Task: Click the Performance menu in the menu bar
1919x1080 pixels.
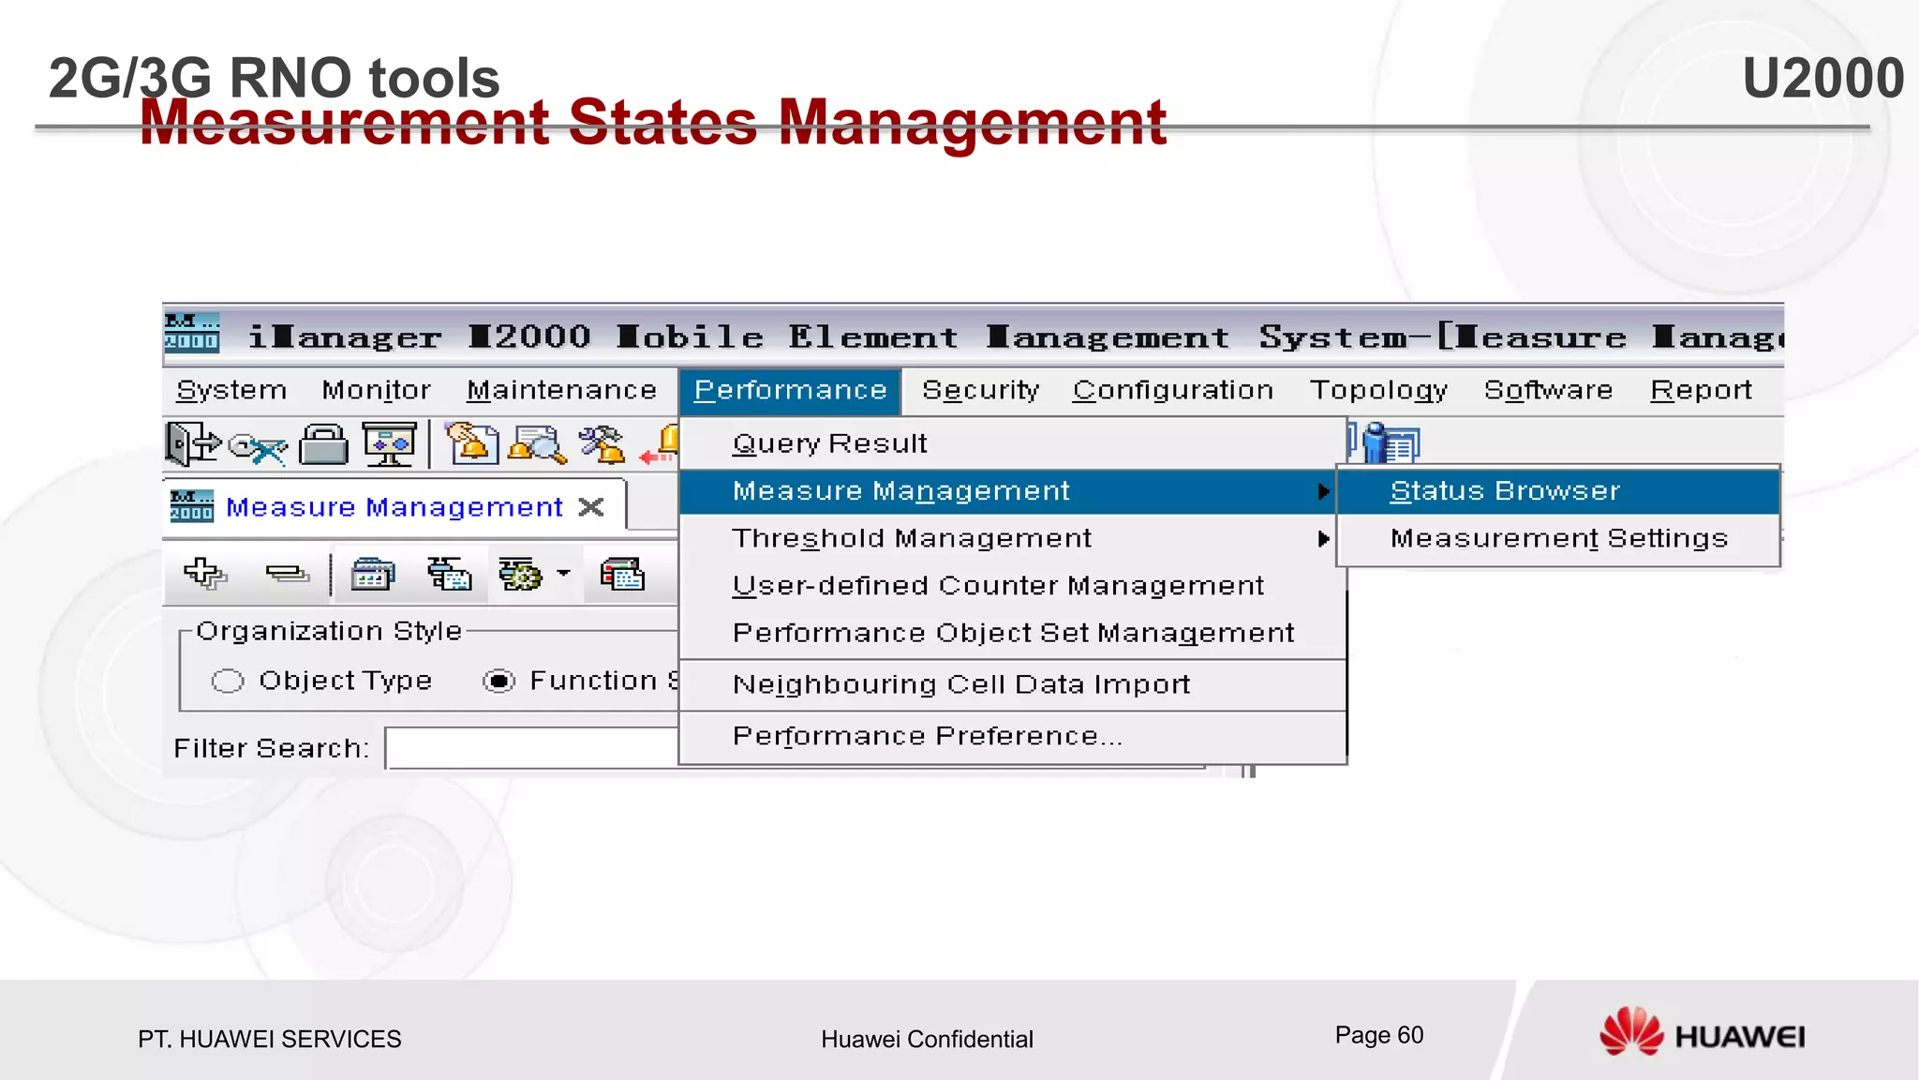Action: point(790,390)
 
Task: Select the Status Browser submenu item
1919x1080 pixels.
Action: point(1505,491)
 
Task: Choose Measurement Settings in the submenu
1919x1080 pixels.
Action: point(1558,538)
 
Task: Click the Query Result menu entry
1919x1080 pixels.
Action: point(829,443)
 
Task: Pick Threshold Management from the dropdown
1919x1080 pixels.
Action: point(912,538)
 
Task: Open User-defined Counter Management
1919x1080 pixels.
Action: point(998,586)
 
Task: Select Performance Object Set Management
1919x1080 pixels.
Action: point(1013,634)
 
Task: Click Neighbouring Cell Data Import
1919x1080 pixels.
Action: point(961,684)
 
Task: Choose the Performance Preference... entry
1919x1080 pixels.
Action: point(927,736)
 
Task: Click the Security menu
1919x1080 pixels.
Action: point(980,390)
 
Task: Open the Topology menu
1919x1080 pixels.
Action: point(1378,390)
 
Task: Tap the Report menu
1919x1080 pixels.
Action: point(1701,390)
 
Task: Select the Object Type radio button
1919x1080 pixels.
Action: point(228,681)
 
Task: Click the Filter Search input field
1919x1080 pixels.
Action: point(530,748)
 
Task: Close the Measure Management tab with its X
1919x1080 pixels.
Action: point(591,507)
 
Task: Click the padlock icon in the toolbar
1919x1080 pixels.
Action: point(323,443)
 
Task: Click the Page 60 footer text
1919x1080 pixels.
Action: point(1378,1035)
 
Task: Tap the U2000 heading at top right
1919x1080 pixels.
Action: point(1822,78)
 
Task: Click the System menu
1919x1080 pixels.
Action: point(231,390)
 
